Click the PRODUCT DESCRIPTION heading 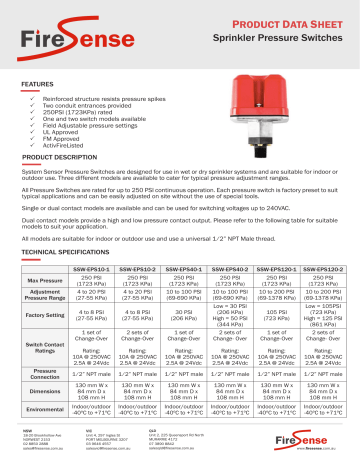58,159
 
